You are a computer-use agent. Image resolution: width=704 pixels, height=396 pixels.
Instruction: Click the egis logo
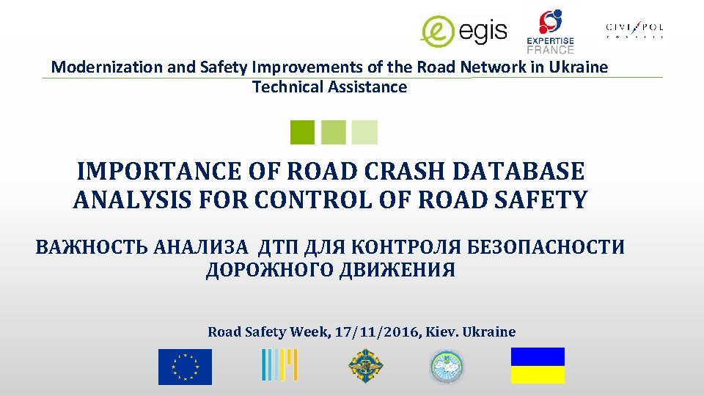click(463, 30)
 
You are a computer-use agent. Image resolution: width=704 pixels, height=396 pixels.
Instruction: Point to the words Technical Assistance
click(329, 87)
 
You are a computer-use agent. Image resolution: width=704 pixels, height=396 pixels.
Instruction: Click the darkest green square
click(302, 132)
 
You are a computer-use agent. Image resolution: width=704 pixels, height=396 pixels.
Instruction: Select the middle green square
click(334, 132)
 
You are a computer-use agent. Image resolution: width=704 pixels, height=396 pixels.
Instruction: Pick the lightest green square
click(364, 132)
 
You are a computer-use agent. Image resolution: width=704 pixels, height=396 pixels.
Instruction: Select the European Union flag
click(185, 367)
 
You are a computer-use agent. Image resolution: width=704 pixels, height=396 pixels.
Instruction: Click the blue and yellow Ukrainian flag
click(538, 365)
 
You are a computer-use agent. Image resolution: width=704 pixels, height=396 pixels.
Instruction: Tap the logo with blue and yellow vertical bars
click(279, 365)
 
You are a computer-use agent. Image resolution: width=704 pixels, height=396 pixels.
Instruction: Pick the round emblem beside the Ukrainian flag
click(447, 366)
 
